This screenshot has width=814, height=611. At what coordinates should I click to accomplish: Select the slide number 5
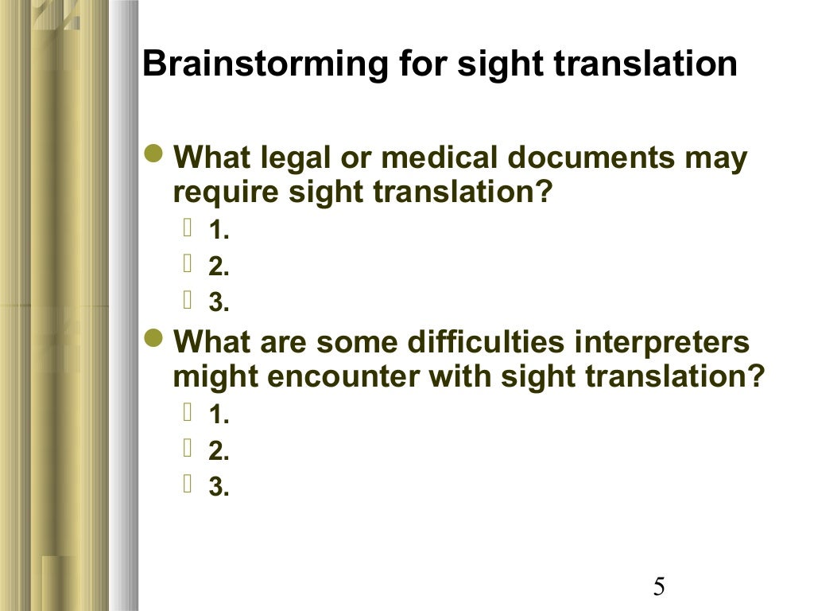659,587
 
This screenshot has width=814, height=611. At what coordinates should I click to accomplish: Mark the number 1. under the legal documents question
219,232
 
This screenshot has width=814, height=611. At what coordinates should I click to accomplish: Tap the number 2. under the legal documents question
219,268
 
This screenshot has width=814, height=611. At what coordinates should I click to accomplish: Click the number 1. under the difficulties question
219,416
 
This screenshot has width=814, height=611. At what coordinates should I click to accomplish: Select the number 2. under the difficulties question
219,452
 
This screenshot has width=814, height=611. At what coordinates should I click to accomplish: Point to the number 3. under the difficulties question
219,488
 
